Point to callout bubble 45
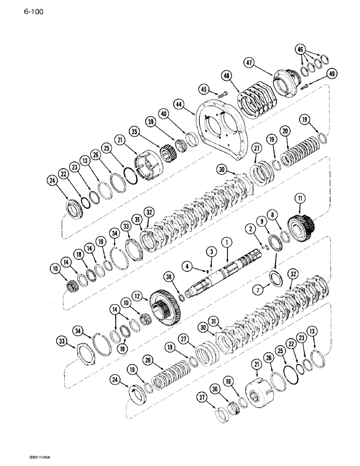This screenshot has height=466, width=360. click(x=204, y=89)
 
